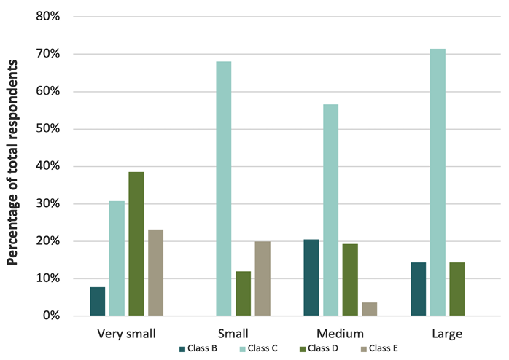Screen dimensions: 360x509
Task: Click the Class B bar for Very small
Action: (98, 301)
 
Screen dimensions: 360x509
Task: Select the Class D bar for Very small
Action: (136, 243)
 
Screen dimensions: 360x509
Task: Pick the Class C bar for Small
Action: (223, 188)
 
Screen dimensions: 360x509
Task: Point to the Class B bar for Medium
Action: (311, 277)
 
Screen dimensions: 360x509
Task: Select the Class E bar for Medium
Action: (370, 309)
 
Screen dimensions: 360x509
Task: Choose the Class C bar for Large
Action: (438, 182)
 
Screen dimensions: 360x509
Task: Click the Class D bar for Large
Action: (457, 289)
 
